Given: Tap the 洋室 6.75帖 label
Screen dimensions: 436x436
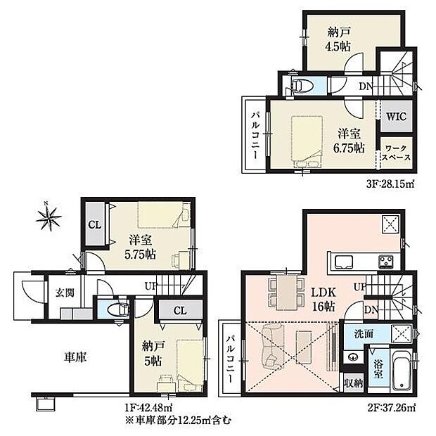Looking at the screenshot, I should point(350,140).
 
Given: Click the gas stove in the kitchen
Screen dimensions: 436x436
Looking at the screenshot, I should point(388,262).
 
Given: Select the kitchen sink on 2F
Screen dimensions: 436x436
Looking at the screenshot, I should point(346,262).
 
